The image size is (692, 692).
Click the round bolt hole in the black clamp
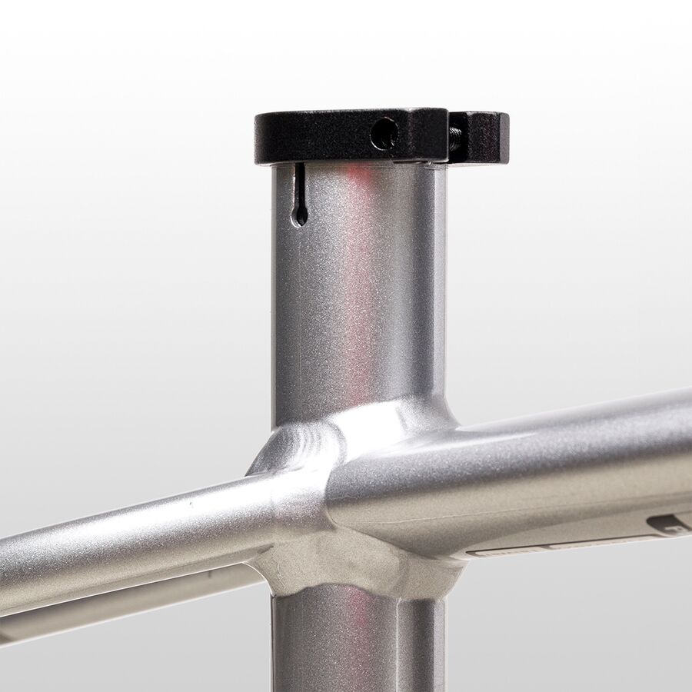384,135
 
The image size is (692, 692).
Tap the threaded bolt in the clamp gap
454,138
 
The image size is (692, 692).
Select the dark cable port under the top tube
669,524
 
